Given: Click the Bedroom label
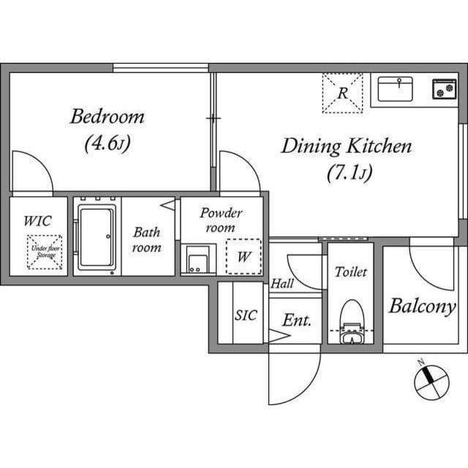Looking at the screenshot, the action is (107, 117).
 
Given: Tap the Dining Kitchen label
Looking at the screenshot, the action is (347, 146).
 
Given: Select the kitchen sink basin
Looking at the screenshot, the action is (395, 89).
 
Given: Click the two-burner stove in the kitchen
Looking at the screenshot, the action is (445, 89).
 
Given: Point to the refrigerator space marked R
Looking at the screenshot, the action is (342, 94).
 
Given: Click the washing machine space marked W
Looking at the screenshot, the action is (244, 257).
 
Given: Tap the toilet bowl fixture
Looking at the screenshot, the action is (352, 321).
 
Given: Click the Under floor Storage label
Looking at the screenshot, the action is (45, 252).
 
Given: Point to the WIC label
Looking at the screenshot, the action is (37, 221).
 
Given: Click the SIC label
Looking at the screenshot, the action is (246, 315).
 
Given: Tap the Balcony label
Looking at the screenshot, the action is (422, 306).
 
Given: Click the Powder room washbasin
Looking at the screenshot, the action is (198, 260).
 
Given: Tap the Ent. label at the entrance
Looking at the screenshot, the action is (297, 320).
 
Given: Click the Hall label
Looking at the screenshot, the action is (282, 283).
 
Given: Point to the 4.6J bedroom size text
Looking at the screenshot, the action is (107, 143).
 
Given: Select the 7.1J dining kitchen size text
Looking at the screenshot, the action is (350, 173).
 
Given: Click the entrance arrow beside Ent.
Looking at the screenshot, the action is (279, 336).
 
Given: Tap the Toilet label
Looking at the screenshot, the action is (351, 272).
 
